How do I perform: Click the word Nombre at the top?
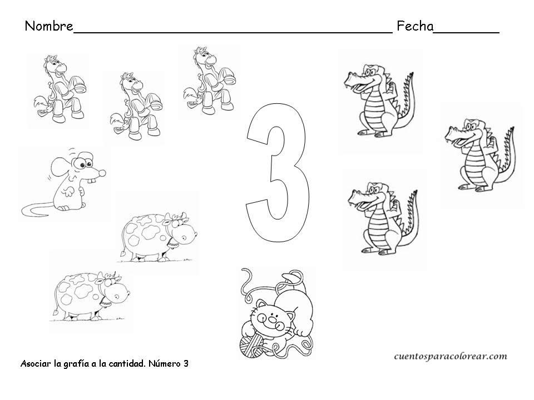[49, 26]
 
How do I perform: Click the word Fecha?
[414, 26]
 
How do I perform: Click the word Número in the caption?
[161, 364]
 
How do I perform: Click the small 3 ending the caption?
[186, 364]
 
